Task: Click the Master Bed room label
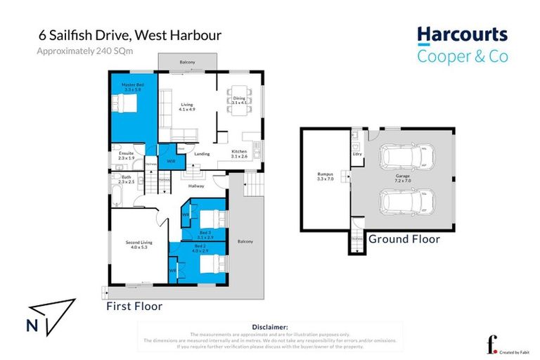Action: (x=133, y=88)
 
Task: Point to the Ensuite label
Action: (x=127, y=155)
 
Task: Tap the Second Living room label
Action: (x=137, y=245)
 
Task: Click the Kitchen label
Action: (x=239, y=155)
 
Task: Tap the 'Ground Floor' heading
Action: (x=404, y=240)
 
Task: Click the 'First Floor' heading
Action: (x=134, y=307)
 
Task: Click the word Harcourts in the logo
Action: (x=462, y=35)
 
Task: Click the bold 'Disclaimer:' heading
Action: (x=270, y=327)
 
